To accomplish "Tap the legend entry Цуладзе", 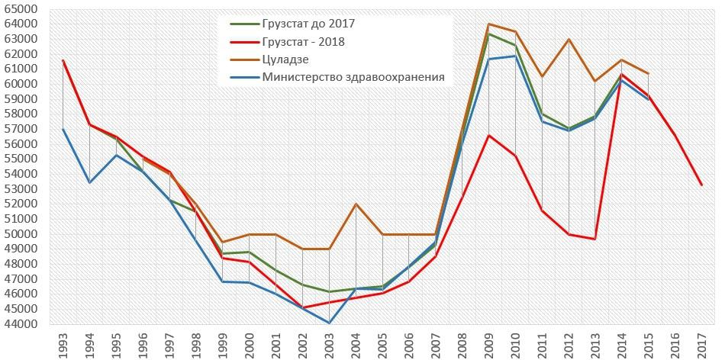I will click(x=284, y=59).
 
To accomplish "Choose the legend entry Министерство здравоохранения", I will click(x=353, y=76).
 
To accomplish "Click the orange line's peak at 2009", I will click(x=488, y=24).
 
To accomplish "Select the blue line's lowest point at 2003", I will click(x=329, y=323).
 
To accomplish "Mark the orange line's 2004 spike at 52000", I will click(x=356, y=204).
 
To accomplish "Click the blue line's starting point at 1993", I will click(x=63, y=130).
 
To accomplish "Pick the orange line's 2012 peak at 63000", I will click(x=569, y=39).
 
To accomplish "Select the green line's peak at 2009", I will click(x=488, y=34).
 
